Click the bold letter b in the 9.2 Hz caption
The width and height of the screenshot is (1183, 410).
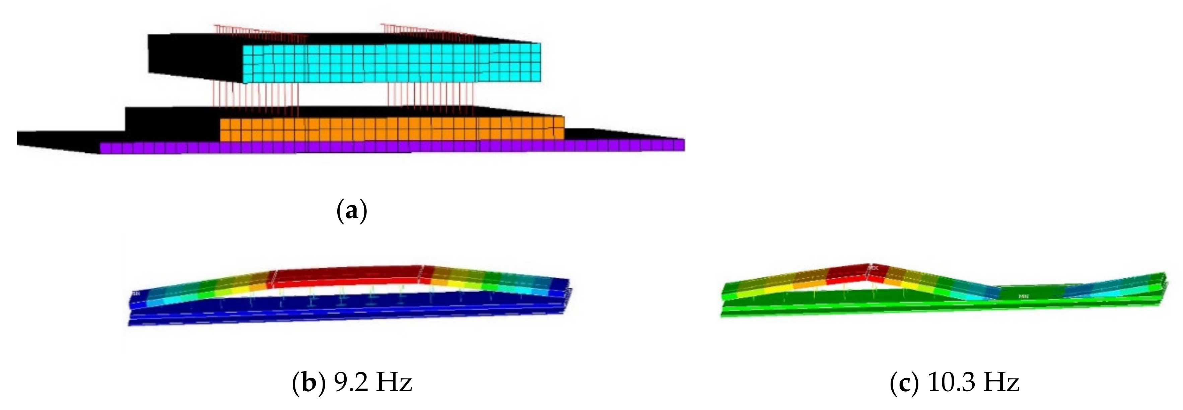click(x=307, y=383)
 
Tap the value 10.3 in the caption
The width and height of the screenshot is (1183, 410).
click(x=947, y=383)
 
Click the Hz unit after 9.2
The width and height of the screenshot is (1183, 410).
click(x=393, y=383)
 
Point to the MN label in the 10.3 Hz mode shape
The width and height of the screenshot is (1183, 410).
click(x=1023, y=296)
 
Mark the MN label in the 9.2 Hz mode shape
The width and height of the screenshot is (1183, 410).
click(x=136, y=293)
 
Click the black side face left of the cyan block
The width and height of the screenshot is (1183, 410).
click(x=195, y=57)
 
